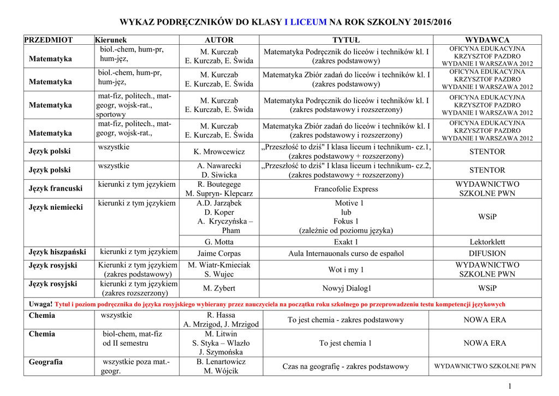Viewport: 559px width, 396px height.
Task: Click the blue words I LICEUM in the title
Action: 305,22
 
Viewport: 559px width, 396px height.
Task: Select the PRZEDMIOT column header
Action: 49,40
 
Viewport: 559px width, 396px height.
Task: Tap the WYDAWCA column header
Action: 487,40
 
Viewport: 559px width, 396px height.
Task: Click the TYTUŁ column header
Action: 346,40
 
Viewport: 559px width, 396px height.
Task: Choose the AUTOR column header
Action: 219,40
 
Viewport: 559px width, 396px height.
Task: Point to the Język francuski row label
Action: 56,188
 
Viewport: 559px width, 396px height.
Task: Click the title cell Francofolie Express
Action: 346,189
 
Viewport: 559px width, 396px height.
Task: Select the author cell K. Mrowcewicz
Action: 219,151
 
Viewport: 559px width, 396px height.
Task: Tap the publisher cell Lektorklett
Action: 487,242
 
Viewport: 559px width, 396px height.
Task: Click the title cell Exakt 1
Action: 346,242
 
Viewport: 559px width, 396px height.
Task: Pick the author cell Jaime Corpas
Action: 219,253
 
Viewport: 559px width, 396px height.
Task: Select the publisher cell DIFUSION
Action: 487,253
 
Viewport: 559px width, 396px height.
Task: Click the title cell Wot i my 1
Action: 346,270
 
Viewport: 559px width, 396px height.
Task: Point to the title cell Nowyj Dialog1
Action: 346,288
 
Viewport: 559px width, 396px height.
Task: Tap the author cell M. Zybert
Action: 219,288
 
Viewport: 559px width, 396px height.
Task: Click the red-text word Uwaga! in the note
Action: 40,304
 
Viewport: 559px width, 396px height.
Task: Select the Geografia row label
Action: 46,362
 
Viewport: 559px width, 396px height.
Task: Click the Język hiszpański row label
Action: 57,252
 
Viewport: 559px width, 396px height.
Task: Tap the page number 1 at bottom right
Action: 510,387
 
